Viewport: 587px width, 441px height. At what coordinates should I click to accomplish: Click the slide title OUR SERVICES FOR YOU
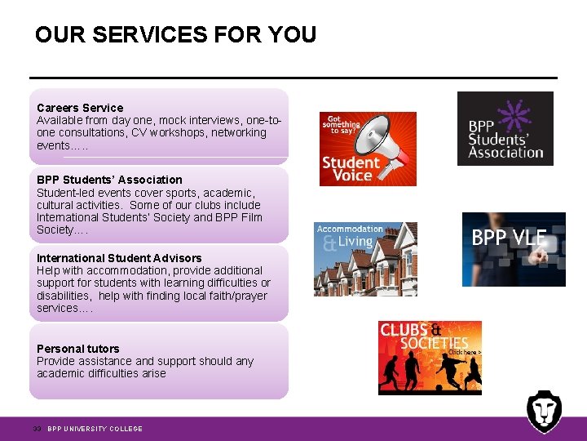175,35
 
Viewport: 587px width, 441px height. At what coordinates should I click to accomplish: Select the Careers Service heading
80,108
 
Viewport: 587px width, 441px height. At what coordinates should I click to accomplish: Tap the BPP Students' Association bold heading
109,180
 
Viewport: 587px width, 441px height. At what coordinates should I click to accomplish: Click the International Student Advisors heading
119,258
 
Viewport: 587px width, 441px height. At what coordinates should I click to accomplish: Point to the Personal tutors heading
77,349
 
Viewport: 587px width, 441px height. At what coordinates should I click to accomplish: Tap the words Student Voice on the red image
351,169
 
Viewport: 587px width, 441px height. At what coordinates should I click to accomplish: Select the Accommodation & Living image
365,259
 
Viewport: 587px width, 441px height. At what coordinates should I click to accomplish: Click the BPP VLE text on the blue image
509,238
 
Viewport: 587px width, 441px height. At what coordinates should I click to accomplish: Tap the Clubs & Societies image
430,358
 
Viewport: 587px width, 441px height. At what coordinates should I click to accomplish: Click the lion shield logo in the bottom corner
543,411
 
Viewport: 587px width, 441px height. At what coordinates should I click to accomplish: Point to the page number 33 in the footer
37,429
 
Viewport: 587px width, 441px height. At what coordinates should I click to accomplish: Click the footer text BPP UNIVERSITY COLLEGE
95,429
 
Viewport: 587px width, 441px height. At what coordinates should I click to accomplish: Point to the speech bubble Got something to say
342,125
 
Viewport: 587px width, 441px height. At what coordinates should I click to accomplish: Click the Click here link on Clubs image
464,352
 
